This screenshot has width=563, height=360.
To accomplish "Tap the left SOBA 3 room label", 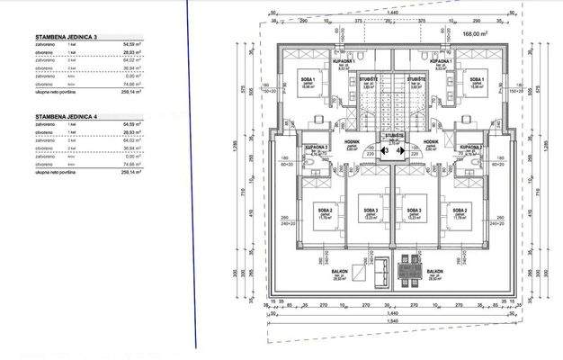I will (x=371, y=210).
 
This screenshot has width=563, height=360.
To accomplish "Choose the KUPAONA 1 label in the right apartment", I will (x=440, y=61).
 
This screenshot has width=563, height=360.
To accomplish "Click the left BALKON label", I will (x=339, y=271).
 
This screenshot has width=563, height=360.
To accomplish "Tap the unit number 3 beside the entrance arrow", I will (x=386, y=150).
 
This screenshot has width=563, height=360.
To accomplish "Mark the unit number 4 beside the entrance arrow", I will (x=399, y=150).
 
